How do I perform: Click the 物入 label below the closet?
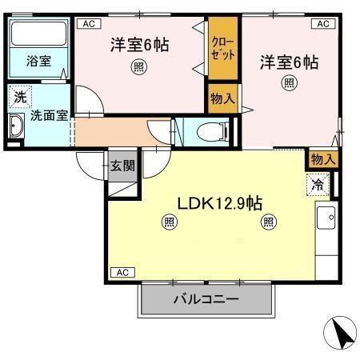222,98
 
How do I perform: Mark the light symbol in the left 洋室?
139,67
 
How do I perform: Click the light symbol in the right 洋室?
287,82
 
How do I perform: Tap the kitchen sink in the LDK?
328,218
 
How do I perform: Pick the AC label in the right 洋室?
323,24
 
